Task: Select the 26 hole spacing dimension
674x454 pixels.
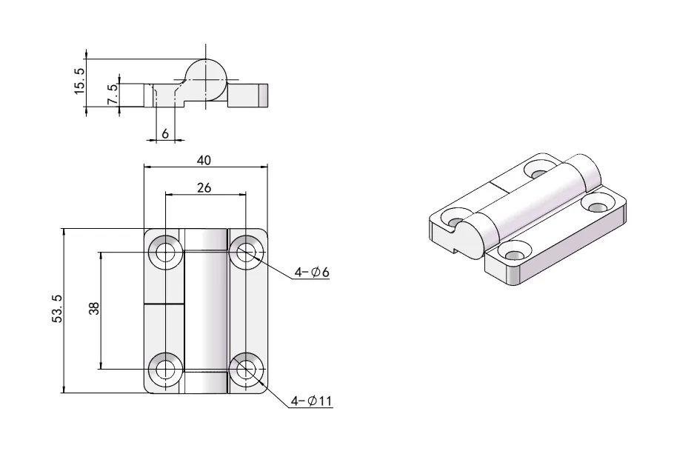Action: (x=204, y=187)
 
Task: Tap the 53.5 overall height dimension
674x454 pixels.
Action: (x=57, y=310)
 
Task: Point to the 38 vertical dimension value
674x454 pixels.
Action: (x=93, y=310)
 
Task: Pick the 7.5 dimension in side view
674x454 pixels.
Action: (x=112, y=95)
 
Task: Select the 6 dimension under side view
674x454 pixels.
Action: (x=164, y=133)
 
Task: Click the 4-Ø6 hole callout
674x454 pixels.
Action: (x=311, y=273)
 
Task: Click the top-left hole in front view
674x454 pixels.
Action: (x=164, y=252)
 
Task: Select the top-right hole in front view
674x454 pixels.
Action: (x=244, y=252)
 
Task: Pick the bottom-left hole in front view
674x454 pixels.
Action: (x=164, y=368)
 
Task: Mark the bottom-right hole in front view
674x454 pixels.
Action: (x=244, y=368)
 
